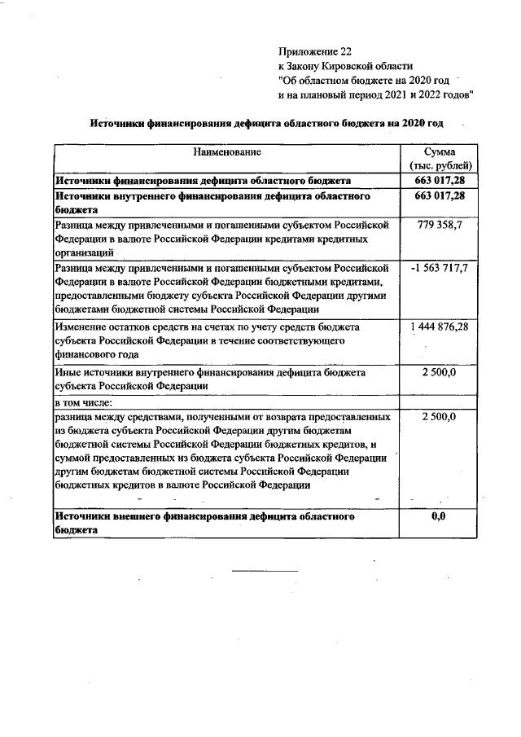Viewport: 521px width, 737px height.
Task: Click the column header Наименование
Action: coord(227,152)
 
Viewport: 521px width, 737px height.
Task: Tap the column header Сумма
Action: coord(440,152)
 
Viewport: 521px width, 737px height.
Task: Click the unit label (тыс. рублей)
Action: coord(440,166)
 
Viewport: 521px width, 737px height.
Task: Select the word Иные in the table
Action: coord(68,372)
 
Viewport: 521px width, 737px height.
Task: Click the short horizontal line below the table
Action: coord(265,572)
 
